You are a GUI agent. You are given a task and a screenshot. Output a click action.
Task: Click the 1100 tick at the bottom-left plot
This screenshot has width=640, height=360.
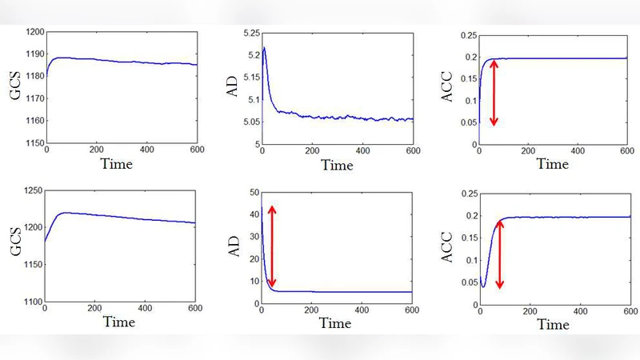(x=32, y=302)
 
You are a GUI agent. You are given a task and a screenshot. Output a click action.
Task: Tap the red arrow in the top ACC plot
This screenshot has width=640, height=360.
(x=494, y=92)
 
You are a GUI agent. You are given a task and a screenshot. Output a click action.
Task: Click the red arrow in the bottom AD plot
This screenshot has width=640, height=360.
(x=272, y=246)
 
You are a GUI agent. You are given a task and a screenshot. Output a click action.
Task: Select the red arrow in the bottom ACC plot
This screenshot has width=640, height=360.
(x=500, y=254)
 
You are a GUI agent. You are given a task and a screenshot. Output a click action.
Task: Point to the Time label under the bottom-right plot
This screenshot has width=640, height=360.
(x=552, y=324)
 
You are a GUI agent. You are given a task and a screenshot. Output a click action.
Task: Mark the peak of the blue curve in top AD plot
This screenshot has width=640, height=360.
(x=265, y=47)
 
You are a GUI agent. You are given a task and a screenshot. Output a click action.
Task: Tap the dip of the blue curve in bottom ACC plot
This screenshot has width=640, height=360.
(x=484, y=286)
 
